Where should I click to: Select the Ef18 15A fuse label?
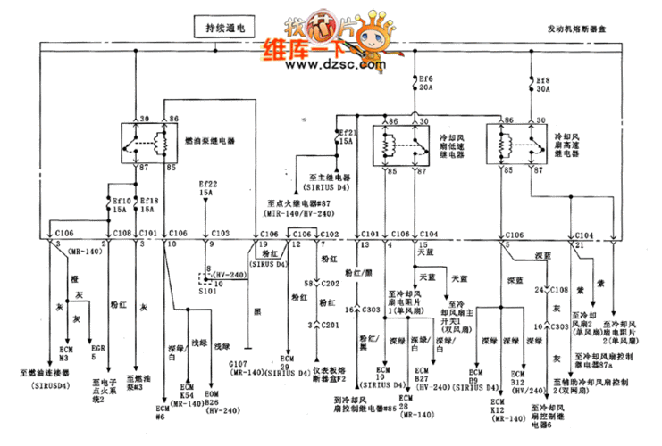pyautogui.click(x=148, y=205)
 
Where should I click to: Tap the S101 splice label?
pyautogui.click(x=209, y=290)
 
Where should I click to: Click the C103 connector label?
pyautogui.click(x=220, y=231)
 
